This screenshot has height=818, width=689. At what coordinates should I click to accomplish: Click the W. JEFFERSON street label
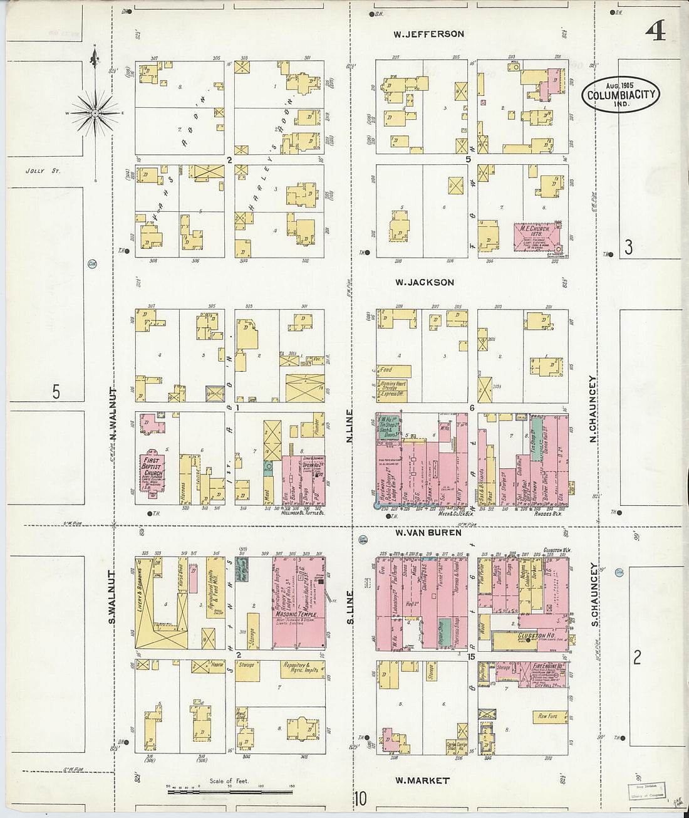tap(428, 34)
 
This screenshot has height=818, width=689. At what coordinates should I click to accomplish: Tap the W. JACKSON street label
tap(425, 283)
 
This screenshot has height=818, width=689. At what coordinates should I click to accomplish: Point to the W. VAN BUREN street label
tap(428, 532)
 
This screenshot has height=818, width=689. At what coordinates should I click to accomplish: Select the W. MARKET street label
tap(422, 780)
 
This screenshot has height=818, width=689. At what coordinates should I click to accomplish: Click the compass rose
tap(95, 113)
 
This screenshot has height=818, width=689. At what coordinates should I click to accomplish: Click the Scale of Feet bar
tap(229, 791)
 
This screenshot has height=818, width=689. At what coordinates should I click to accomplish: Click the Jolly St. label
tap(43, 170)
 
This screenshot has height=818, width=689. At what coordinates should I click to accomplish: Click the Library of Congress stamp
tap(646, 791)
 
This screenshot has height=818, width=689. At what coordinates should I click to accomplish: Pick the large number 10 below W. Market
tap(360, 800)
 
